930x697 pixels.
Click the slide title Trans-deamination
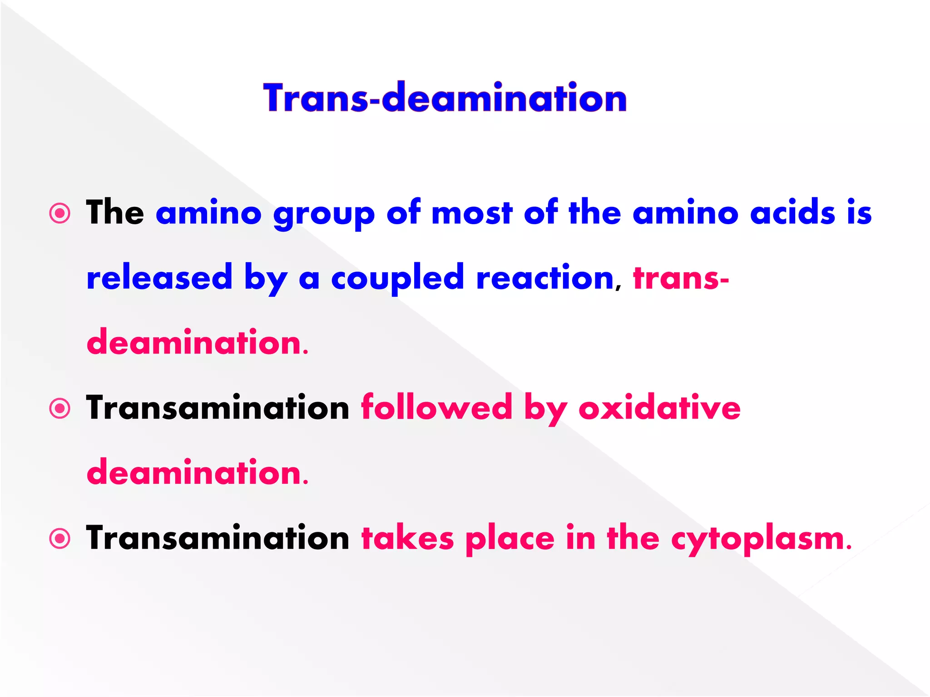[445, 98]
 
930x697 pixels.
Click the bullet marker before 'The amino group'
[60, 213]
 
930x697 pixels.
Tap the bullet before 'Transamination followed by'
[60, 408]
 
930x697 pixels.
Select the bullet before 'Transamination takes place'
[60, 539]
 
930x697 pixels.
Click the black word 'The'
[115, 212]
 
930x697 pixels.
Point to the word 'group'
[324, 214]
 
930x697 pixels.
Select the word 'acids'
[792, 212]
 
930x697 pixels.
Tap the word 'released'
[159, 277]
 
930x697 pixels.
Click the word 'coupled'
[397, 278]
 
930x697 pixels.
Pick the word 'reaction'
[545, 277]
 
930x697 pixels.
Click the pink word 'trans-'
[681, 278]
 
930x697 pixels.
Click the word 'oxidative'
[659, 407]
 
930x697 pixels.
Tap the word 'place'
[510, 539]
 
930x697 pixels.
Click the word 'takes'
[407, 538]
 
